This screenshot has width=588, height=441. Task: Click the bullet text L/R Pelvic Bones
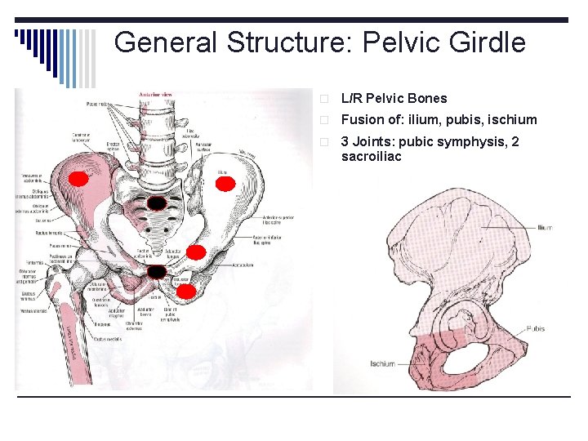point(394,98)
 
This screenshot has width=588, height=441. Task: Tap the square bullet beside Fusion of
point(324,120)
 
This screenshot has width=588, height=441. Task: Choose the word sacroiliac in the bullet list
point(372,156)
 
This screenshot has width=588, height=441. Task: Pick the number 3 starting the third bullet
point(345,141)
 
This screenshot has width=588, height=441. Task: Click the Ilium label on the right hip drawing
point(546,227)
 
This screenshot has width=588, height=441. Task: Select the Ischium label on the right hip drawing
point(382,363)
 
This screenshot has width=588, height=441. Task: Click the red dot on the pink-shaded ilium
point(78,179)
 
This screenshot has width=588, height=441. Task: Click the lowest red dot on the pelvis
point(186,291)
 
